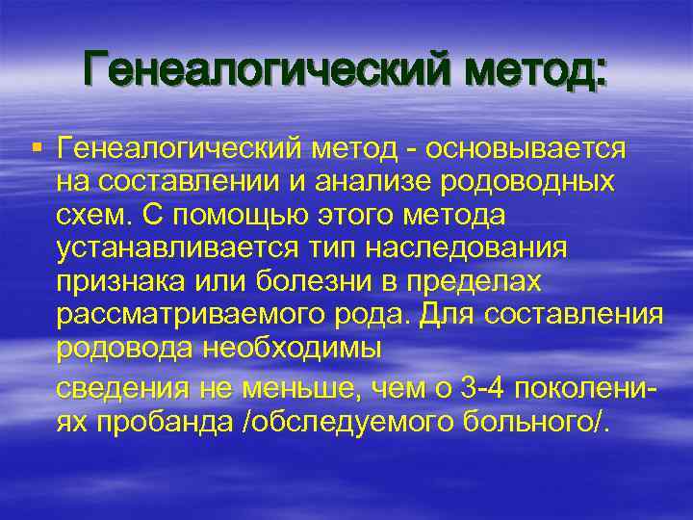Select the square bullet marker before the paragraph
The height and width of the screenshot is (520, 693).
click(36, 146)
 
